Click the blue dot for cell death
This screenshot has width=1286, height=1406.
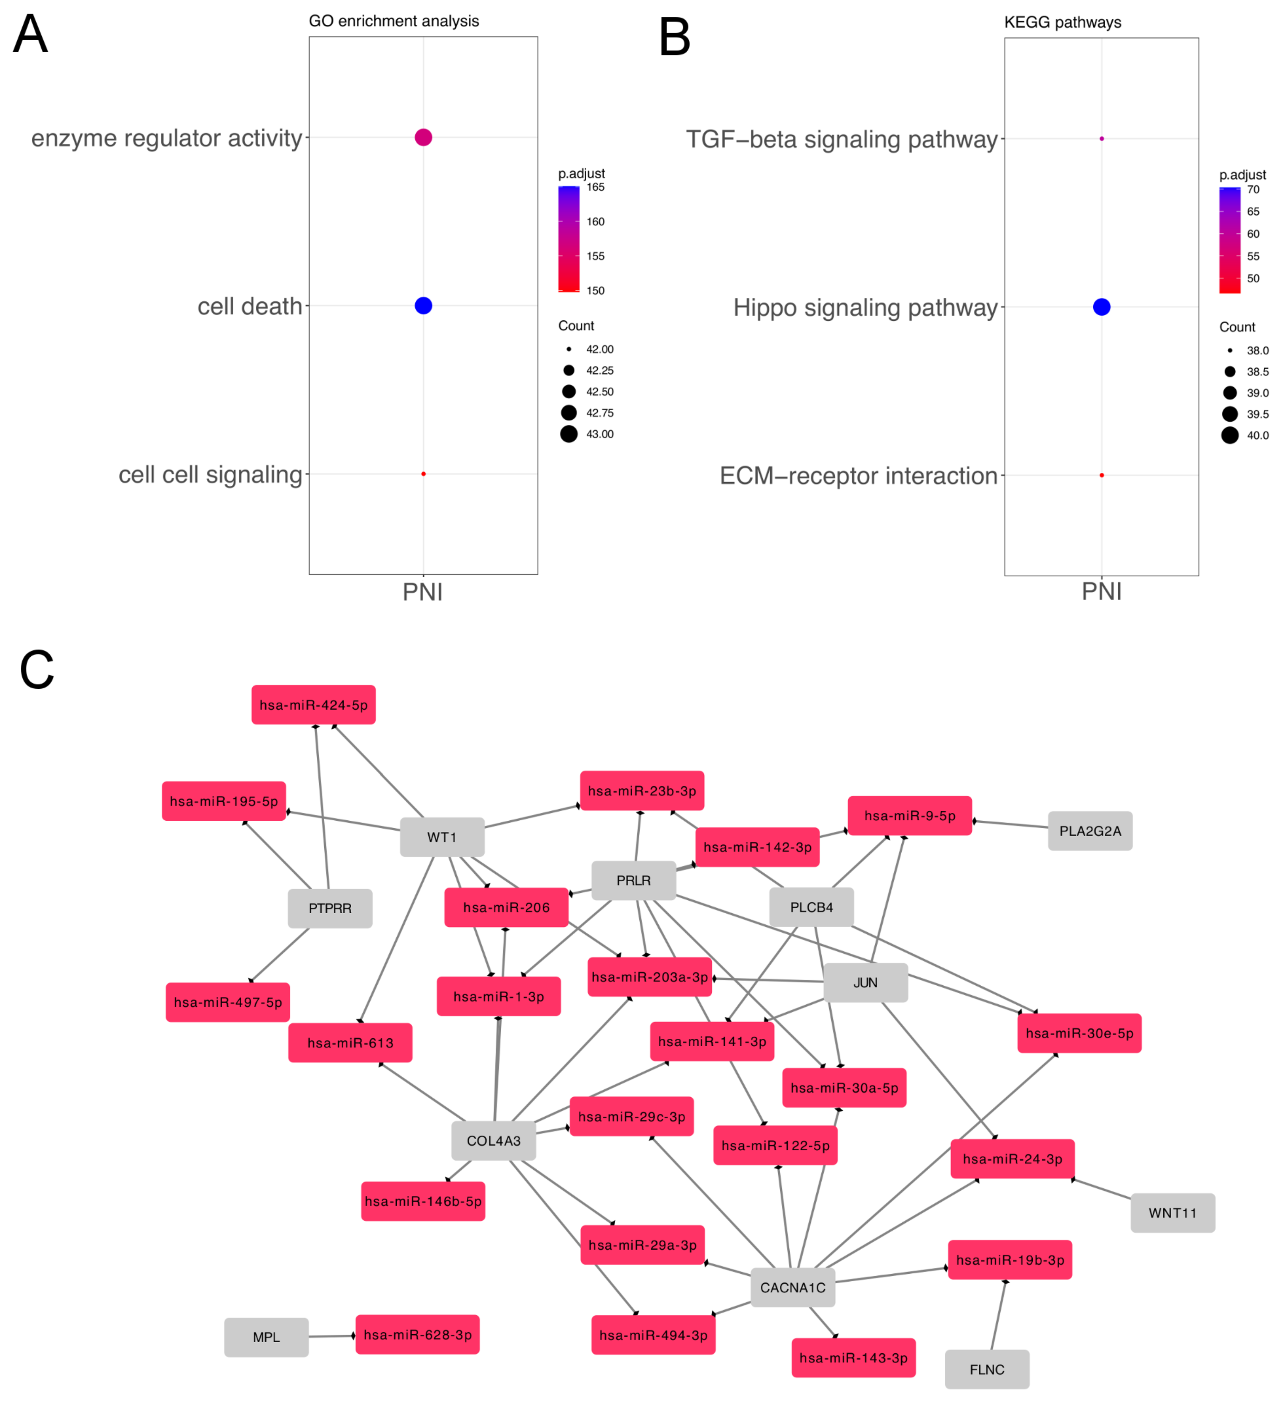tap(423, 306)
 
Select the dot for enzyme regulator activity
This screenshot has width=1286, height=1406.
tap(423, 137)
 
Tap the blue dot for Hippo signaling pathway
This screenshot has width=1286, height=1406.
tap(1101, 307)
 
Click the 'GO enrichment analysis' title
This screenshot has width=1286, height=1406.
tap(394, 21)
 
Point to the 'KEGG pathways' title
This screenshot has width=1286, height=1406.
tap(1062, 22)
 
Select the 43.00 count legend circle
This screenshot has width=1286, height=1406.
tap(569, 434)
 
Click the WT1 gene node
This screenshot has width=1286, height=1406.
tap(442, 837)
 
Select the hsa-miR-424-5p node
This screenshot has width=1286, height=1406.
tap(313, 705)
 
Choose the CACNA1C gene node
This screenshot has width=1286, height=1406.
tap(793, 1287)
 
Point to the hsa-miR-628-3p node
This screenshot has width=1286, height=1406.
tap(417, 1334)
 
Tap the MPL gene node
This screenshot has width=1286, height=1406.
tap(266, 1337)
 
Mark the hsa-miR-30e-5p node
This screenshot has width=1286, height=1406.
tap(1079, 1033)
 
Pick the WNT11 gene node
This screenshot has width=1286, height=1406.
tap(1172, 1213)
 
